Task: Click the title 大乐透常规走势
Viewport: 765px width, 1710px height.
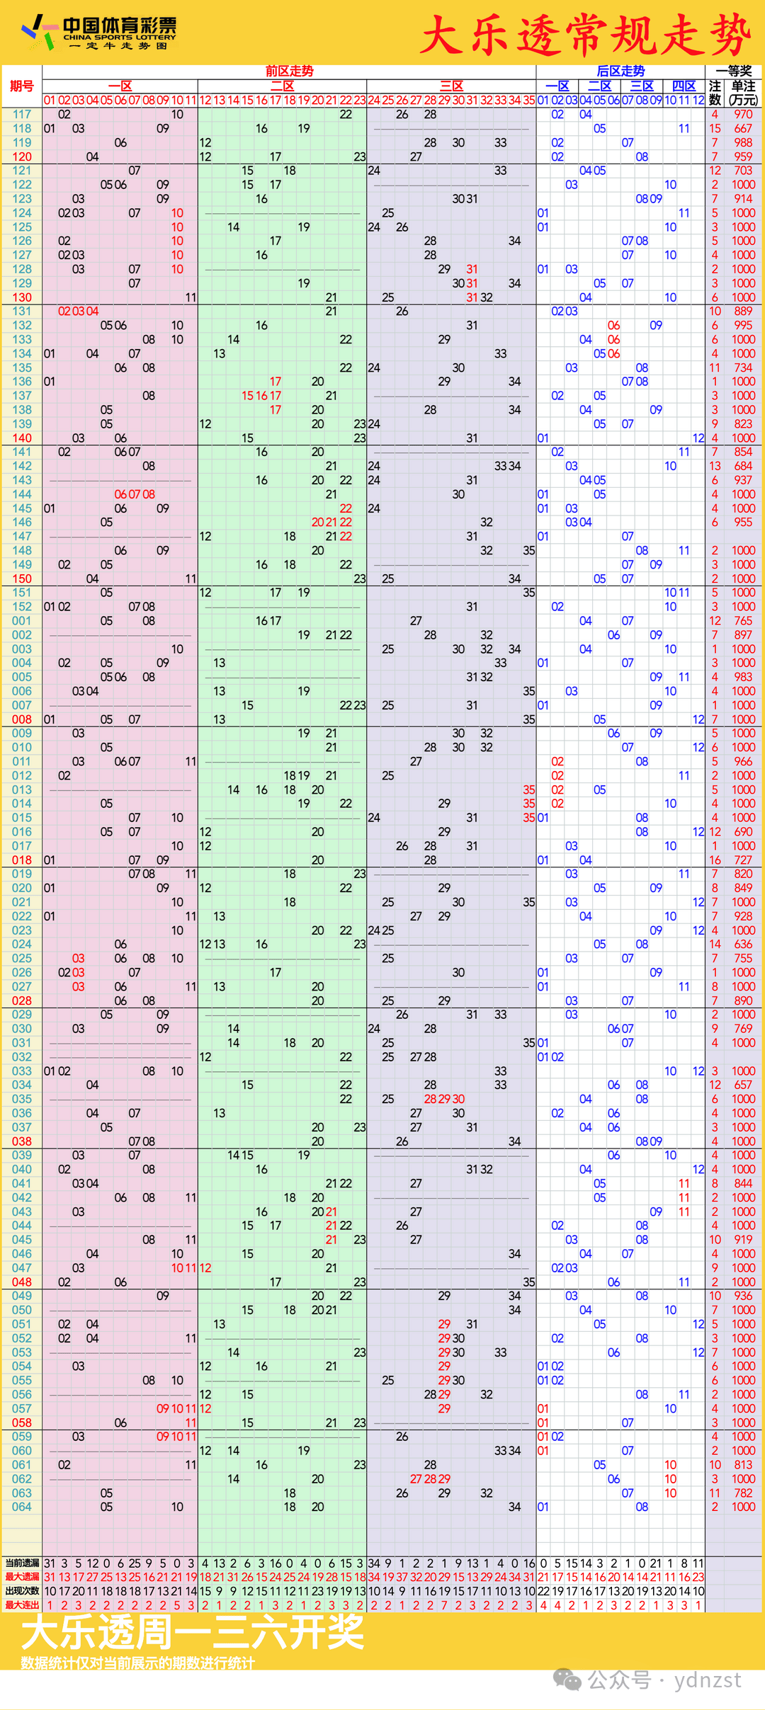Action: (585, 35)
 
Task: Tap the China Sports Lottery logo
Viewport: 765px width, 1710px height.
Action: (99, 33)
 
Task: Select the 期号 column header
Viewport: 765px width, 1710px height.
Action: (22, 86)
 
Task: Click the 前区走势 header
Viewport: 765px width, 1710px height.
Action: (289, 71)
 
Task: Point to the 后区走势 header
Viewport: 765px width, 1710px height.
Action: (620, 71)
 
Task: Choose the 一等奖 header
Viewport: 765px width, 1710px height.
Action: (734, 71)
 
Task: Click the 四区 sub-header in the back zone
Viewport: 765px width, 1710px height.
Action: (684, 86)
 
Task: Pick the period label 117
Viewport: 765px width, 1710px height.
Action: (22, 114)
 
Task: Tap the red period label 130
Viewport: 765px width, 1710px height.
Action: (22, 297)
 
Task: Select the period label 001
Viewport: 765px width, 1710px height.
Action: (22, 621)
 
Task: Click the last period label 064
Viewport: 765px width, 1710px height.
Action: (22, 1507)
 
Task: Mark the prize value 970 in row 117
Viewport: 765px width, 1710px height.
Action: (743, 114)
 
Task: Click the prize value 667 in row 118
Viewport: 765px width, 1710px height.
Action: (743, 128)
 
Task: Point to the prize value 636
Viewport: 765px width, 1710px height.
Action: (743, 944)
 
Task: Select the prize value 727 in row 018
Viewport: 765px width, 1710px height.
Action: (743, 860)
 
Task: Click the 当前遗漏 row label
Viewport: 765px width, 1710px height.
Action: (22, 1563)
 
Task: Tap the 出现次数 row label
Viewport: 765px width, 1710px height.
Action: (22, 1590)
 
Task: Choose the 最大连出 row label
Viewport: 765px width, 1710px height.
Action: (22, 1604)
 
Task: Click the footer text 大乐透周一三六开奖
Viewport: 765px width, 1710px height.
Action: (193, 1632)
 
